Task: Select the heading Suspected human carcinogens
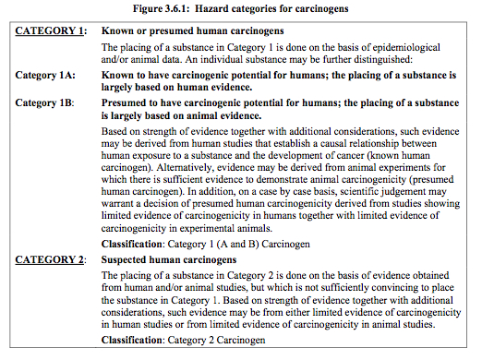click(170, 260)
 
